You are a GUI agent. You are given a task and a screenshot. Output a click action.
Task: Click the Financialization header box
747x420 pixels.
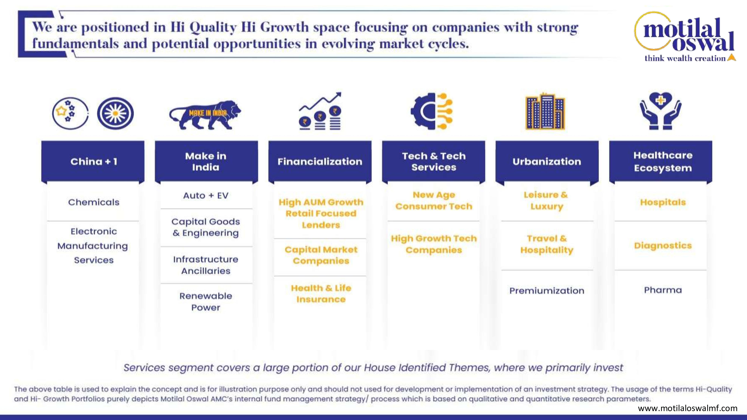320,161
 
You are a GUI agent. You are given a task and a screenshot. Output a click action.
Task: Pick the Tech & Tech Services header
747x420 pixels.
433,161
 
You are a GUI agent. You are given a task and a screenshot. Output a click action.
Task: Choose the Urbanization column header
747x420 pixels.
547,161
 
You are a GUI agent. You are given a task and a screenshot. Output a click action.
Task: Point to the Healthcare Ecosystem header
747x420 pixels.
661,161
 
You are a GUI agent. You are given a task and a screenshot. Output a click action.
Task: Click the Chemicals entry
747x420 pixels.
94,202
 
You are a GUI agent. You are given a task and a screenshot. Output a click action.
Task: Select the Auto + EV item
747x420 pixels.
206,196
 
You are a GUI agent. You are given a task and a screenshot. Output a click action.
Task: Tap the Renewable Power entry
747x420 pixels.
206,301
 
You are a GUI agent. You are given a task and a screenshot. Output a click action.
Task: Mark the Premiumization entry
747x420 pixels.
547,290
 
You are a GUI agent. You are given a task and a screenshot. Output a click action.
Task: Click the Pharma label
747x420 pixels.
663,290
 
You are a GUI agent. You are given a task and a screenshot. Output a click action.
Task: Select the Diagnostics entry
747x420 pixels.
663,245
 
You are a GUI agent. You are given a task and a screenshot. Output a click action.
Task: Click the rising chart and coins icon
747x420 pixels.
320,111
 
